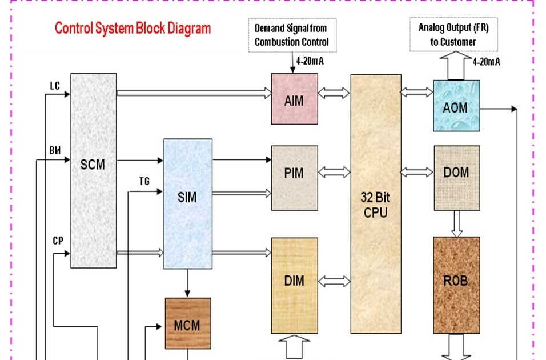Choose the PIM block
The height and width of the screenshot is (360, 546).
(x=294, y=172)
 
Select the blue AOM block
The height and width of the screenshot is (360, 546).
(x=456, y=106)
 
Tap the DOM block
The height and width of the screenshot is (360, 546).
(x=456, y=172)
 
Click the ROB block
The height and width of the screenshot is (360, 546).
(x=456, y=281)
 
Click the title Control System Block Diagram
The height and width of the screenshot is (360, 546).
(x=133, y=28)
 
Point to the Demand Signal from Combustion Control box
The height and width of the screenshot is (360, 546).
(x=291, y=35)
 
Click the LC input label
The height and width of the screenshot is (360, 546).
(x=55, y=86)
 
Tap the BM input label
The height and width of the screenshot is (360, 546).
(x=55, y=151)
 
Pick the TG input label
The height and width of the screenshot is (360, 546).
(x=144, y=181)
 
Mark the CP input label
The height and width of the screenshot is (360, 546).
(x=58, y=241)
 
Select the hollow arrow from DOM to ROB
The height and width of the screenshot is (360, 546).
(x=456, y=223)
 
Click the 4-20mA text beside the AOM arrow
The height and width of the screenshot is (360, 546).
(x=487, y=62)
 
